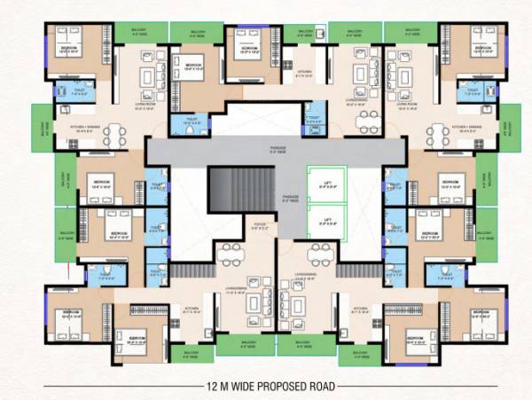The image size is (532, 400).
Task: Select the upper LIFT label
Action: coord(327,185)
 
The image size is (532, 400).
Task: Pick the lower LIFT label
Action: coord(327,218)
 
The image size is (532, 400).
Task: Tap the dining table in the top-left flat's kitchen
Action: coord(112,134)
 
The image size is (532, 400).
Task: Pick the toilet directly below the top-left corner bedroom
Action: coord(69,90)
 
